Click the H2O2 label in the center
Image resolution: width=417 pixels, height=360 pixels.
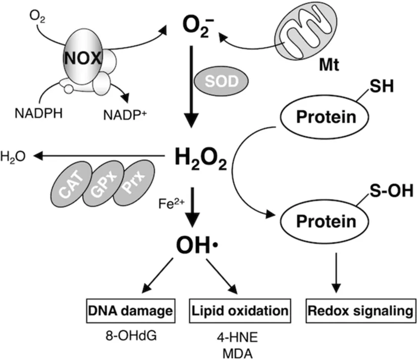[199, 160]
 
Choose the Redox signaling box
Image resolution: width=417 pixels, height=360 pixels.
[359, 310]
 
